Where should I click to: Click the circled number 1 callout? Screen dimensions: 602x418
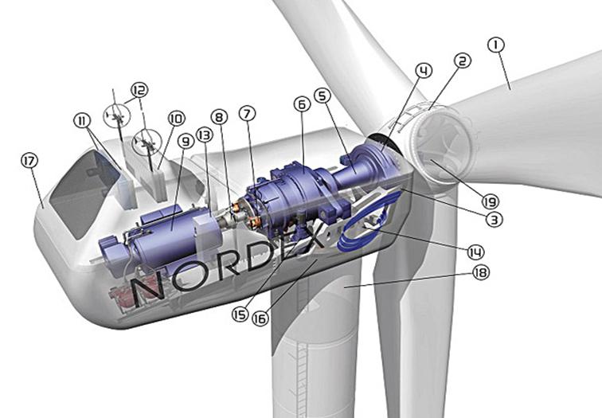click(495, 45)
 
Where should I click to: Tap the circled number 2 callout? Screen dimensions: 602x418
click(462, 61)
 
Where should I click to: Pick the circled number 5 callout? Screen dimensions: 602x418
click(322, 96)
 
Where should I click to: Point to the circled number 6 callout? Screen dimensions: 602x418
click(302, 104)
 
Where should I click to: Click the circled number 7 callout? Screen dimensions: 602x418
click(247, 113)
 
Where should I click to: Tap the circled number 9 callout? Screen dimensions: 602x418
click(186, 142)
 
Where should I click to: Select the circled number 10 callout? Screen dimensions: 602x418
click(176, 119)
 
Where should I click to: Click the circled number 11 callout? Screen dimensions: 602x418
click(82, 121)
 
